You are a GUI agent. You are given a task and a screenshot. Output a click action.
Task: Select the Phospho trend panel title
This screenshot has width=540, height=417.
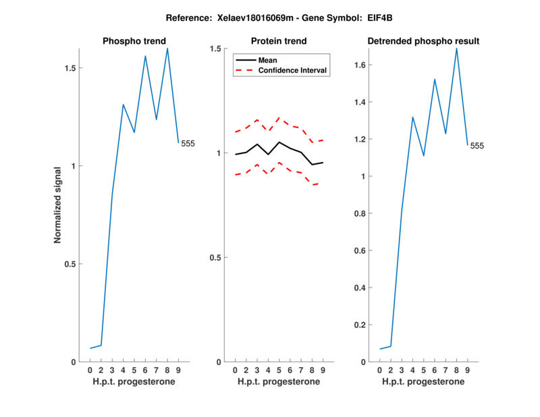point(134,41)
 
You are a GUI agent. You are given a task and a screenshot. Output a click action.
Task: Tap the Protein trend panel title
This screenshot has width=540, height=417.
point(279,41)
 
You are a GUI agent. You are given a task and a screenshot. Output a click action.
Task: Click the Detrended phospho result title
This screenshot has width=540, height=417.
point(423,41)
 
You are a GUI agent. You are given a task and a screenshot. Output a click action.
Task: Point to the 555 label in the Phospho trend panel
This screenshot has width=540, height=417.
point(188,143)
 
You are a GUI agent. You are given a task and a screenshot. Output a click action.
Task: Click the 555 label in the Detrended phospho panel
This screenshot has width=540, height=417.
point(477,146)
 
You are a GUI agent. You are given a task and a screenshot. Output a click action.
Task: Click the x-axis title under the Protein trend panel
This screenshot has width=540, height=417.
point(279,382)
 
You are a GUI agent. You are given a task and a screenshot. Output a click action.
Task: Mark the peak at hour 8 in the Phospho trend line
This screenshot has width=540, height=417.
point(167,49)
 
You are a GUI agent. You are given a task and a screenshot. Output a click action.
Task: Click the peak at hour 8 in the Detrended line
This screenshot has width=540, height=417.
point(457,49)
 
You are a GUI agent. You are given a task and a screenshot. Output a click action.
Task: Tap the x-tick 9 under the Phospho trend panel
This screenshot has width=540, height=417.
point(178,370)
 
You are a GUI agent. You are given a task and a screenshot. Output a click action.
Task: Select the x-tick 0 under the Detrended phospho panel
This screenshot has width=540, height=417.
point(380,370)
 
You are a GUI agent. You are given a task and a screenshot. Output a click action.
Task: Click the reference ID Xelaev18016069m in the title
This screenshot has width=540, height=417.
point(245,16)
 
